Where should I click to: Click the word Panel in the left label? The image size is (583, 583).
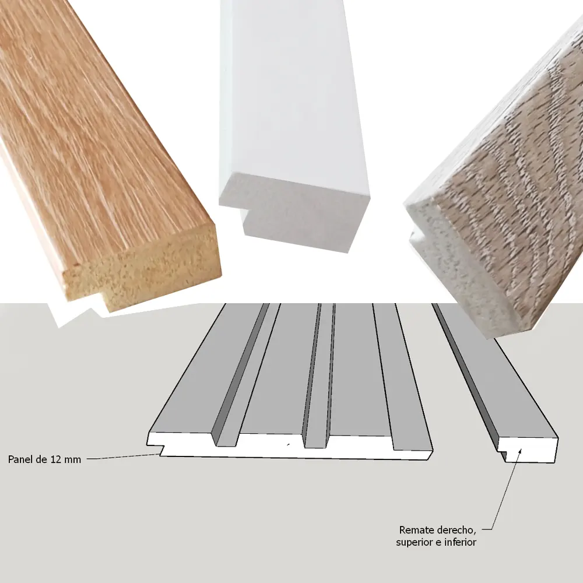(x=21, y=459)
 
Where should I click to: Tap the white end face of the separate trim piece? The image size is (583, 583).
(x=530, y=450)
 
